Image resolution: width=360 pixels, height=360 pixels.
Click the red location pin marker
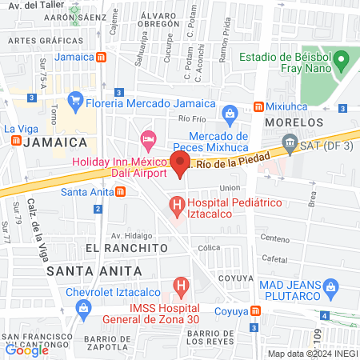181,166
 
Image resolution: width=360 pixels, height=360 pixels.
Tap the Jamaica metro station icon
101,58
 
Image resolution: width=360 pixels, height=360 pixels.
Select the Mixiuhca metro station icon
258,106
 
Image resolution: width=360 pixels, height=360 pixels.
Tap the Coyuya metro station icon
255,310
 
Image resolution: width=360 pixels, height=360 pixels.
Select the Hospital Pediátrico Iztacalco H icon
177,210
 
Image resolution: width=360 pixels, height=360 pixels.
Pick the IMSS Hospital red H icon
181,285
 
